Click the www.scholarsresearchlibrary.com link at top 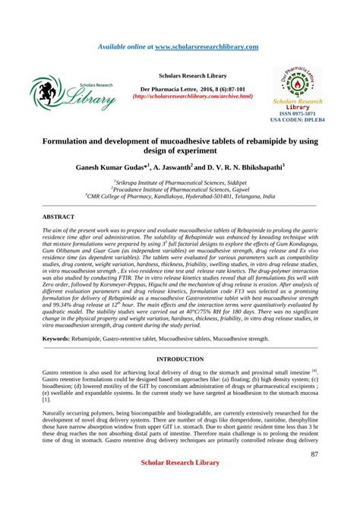point(207,46)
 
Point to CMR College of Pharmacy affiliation point(181,196)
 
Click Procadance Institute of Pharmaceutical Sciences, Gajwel point(181,189)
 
